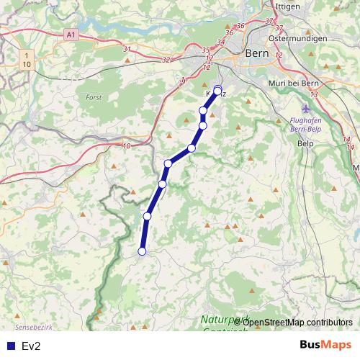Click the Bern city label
(257, 53)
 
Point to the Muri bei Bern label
(309, 83)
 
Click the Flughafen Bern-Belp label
(307, 124)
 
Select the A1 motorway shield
(70, 34)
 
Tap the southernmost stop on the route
(142, 251)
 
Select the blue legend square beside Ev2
(10, 346)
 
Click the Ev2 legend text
(31, 346)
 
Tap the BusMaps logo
(325, 345)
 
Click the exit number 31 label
(127, 49)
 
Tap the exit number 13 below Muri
(314, 94)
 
